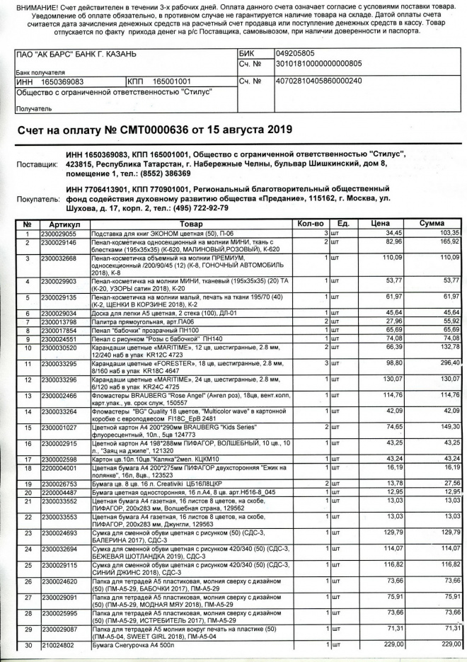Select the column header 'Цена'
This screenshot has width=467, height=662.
point(380,224)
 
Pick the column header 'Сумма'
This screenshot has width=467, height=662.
point(432,224)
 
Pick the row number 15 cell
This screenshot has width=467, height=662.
point(26,427)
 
